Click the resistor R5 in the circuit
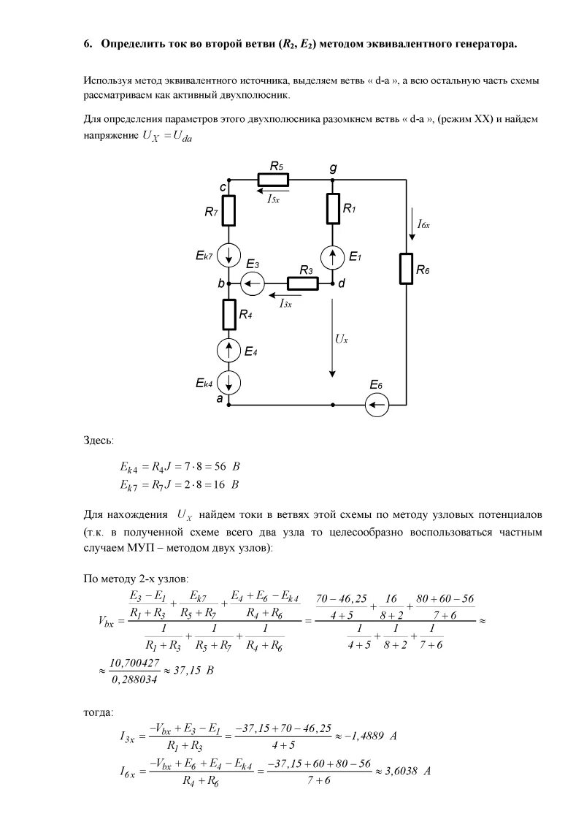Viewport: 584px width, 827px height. [x=273, y=180]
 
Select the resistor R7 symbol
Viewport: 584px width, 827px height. [x=229, y=210]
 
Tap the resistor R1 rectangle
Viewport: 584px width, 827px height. [x=333, y=208]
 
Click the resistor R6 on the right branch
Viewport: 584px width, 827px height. [x=406, y=268]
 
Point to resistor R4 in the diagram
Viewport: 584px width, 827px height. [x=229, y=314]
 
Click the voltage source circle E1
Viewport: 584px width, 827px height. [x=333, y=256]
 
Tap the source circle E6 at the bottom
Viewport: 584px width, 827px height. [x=377, y=404]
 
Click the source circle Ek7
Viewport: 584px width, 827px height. [x=229, y=256]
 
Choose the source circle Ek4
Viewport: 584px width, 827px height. [x=229, y=382]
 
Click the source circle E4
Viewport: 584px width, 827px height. [x=229, y=351]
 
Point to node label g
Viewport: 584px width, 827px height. [x=333, y=167]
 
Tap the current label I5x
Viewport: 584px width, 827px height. [x=272, y=199]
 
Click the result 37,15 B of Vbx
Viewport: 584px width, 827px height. [x=191, y=669]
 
